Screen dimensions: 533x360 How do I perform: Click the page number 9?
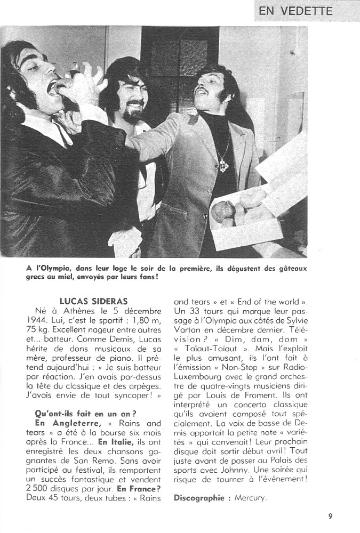331,515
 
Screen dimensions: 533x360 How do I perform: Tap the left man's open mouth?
54,88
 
